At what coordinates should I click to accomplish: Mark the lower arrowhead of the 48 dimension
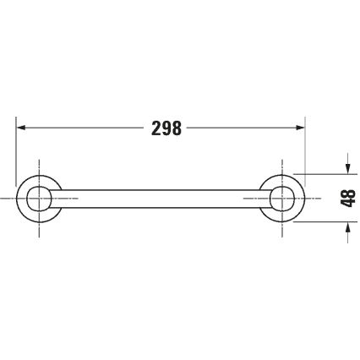tap(346, 225)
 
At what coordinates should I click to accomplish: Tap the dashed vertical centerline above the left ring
tap(38, 165)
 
